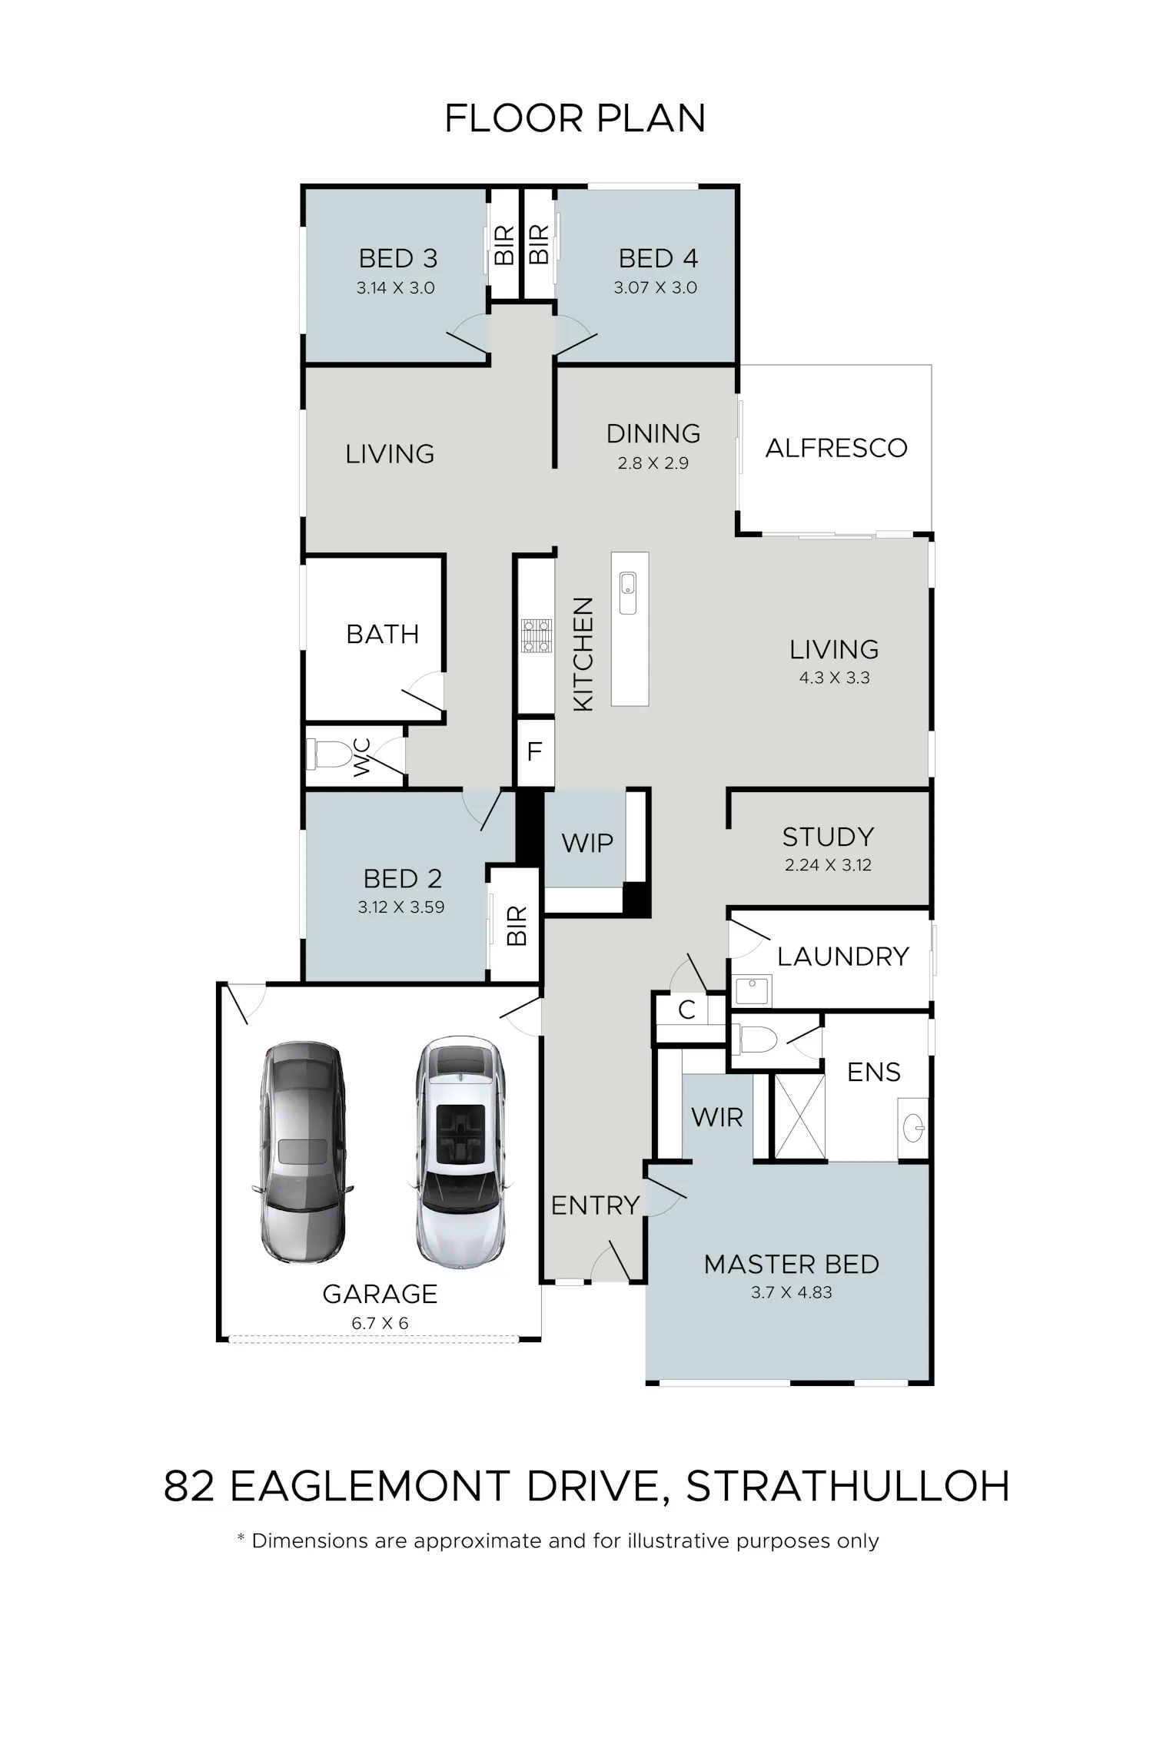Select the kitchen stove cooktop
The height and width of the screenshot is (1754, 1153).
pos(537,636)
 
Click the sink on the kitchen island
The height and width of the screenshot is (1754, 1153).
pos(628,593)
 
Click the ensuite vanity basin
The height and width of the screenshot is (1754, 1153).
pos(913,1128)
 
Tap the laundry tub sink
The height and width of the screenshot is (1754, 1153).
pos(751,991)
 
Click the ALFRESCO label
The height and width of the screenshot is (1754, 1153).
pos(836,448)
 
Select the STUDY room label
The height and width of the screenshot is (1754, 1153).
pos(828,837)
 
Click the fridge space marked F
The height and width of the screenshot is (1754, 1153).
pos(535,751)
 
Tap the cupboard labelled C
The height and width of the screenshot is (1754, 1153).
pos(687,1010)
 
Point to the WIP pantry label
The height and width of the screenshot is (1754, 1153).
pos(587,843)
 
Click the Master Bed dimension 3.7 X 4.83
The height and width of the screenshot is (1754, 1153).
pos(792,1292)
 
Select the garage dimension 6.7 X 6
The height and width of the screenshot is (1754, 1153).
pos(380,1323)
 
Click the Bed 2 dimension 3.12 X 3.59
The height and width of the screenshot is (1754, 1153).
pos(401,907)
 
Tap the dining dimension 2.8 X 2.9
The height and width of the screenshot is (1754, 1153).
pos(653,463)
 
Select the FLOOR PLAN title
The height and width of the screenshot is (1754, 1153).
pos(575,119)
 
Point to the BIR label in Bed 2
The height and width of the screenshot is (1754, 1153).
pos(517,926)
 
